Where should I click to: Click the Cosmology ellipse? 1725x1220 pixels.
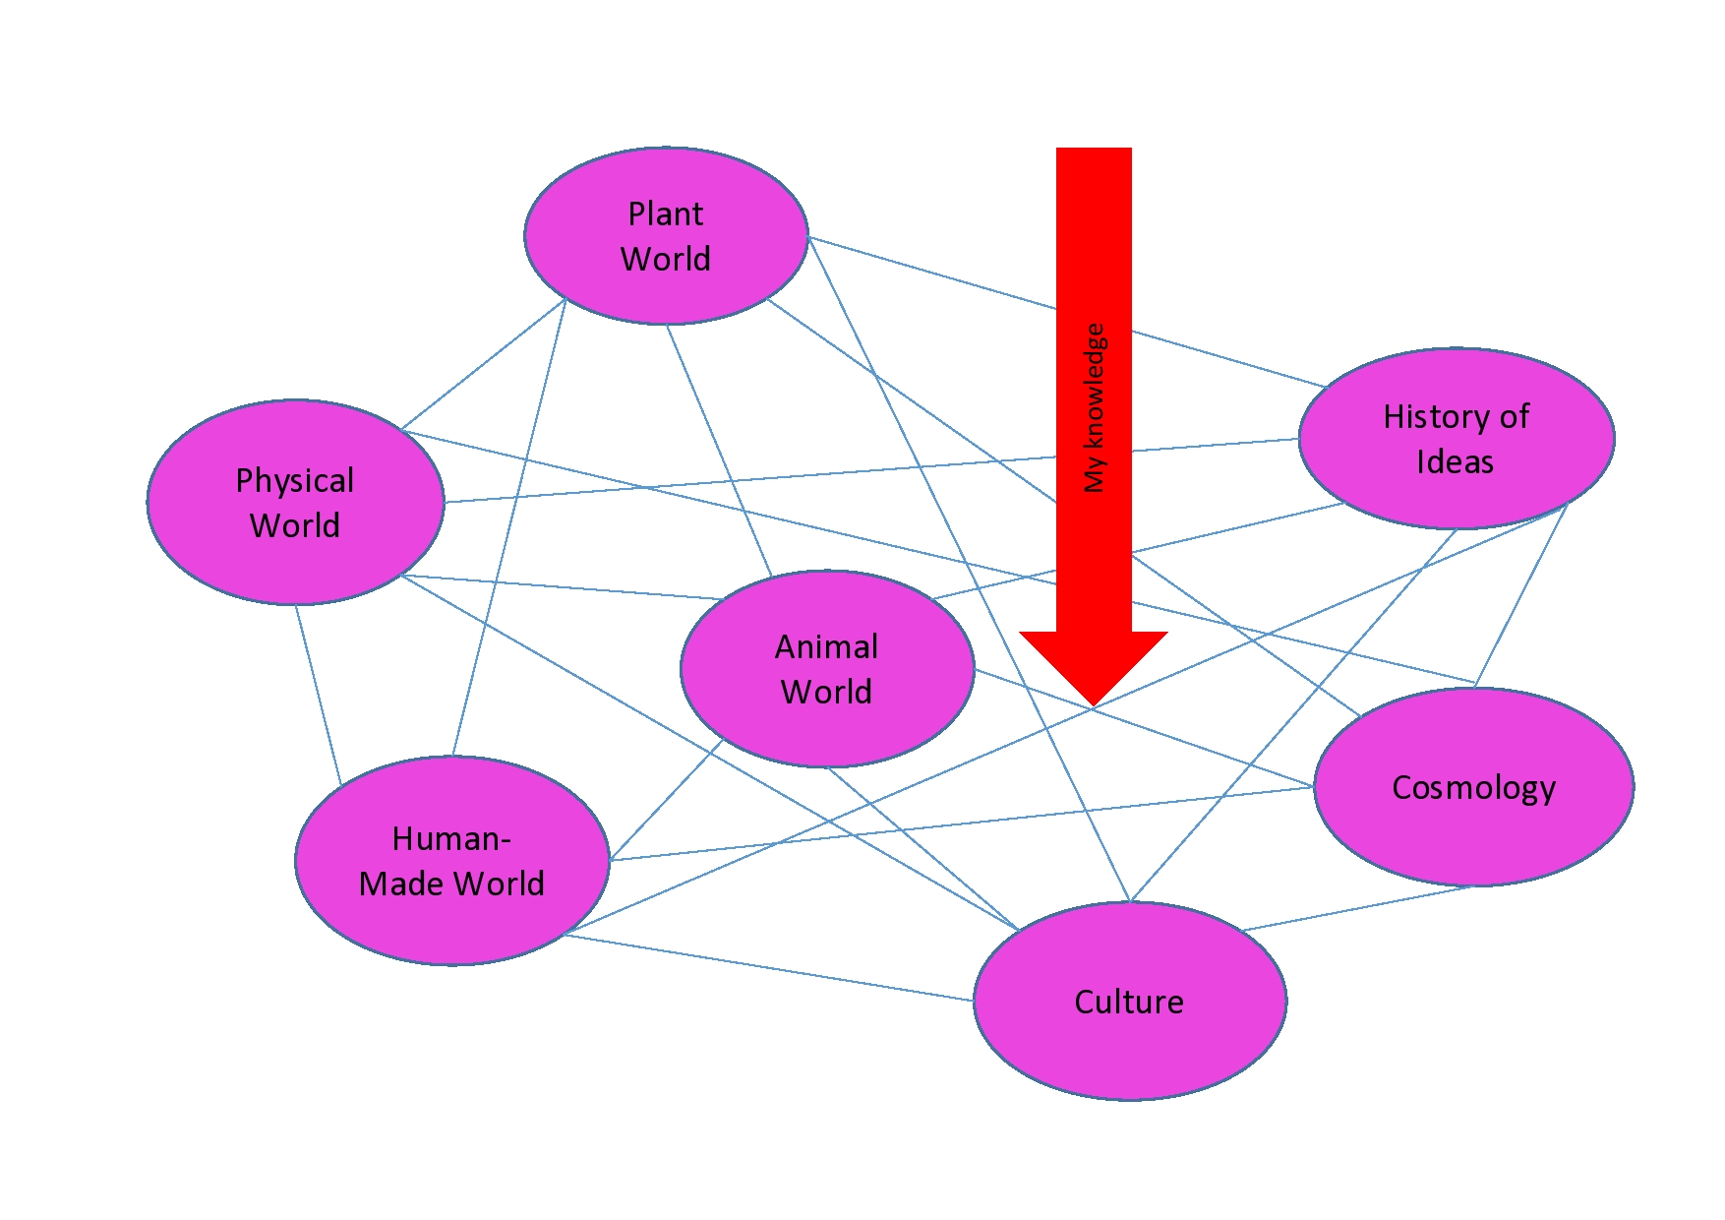[1473, 836]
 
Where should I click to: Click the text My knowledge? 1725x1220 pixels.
[1095, 407]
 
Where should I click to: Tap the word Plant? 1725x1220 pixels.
[666, 213]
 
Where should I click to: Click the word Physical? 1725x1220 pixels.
[295, 480]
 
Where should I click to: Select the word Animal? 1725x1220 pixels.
[826, 646]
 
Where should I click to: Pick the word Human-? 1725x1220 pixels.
[451, 838]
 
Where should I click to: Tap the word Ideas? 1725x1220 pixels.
[1455, 461]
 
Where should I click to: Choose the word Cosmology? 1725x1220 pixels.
[1473, 787]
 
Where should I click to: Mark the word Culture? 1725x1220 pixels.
[1129, 1002]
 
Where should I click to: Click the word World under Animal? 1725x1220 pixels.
[826, 692]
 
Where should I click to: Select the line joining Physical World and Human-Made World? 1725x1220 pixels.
[318, 695]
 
